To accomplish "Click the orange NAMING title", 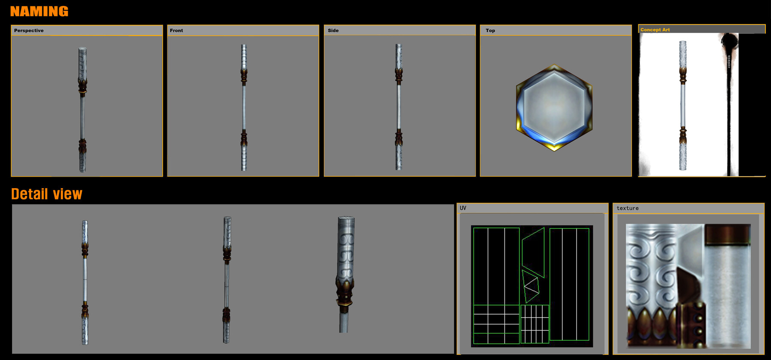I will coord(39,12).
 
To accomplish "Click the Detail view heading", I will coord(46,194).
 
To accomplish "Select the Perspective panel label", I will coord(29,30).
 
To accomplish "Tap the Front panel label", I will coord(176,30).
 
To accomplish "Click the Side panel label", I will coord(333,30).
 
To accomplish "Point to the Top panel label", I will coord(490,30).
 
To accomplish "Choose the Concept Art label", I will coord(655,30).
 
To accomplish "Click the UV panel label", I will coord(463,208).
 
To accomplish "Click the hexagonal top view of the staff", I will coord(554,107).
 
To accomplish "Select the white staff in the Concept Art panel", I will coord(683,105).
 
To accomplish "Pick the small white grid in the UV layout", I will coord(535,324).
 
